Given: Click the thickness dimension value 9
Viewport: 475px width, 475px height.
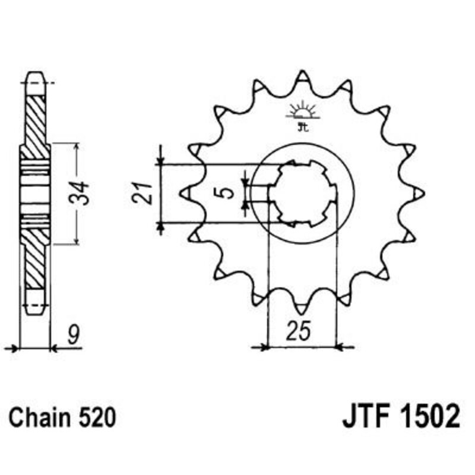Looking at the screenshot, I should tap(72, 336).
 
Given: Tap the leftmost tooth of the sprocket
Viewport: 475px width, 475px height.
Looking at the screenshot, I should tap(184, 192).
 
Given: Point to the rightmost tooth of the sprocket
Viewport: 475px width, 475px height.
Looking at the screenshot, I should tap(419, 192).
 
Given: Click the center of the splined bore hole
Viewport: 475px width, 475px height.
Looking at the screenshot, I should tap(302, 192).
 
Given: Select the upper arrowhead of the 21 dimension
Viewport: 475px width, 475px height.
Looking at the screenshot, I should tap(159, 160).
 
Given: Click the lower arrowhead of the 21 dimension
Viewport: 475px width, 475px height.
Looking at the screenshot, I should tap(159, 226).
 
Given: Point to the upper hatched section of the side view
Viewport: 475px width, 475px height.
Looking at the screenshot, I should tap(35, 119).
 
